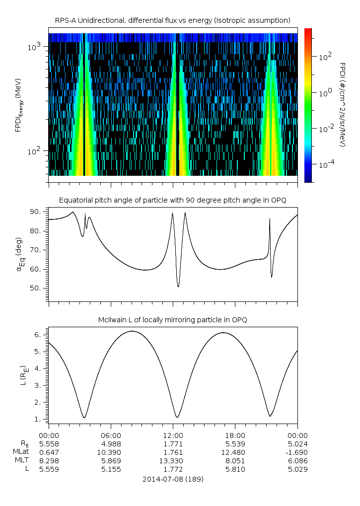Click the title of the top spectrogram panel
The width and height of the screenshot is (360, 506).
[x=173, y=20]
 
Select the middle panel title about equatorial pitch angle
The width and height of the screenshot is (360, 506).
[x=173, y=200]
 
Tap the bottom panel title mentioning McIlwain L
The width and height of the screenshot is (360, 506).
[x=173, y=320]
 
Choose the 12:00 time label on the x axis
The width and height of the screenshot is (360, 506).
[x=173, y=435]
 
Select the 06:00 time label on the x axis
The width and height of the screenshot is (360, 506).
[x=111, y=435]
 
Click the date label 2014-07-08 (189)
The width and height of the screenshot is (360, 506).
[x=173, y=479]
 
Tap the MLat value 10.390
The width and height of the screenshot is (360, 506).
[x=111, y=452]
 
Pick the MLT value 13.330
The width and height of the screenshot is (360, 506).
[x=173, y=460]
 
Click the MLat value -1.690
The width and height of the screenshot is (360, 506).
[x=297, y=452]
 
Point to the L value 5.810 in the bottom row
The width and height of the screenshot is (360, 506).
[x=235, y=469]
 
